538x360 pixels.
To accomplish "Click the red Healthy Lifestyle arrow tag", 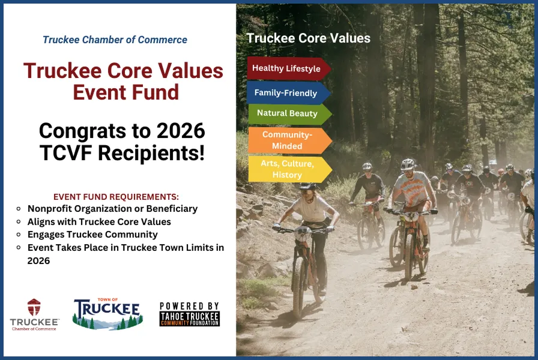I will (x=287, y=68).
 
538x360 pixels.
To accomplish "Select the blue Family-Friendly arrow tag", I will (x=286, y=93).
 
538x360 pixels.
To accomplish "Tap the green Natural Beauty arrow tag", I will (x=288, y=113).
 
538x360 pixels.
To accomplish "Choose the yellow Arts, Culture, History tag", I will (x=288, y=169).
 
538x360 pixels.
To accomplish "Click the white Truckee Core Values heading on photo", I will (x=308, y=38).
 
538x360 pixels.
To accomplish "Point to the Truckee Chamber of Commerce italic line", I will (x=115, y=40).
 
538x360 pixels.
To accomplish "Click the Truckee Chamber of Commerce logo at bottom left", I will (x=34, y=314).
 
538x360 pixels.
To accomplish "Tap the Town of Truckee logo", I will (x=107, y=314).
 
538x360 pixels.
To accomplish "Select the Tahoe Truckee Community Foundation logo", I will (x=189, y=314).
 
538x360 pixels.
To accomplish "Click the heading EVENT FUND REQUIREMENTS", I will (x=116, y=197).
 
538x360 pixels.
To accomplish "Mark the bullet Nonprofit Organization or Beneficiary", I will (x=112, y=209).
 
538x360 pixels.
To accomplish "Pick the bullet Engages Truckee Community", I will (x=92, y=235).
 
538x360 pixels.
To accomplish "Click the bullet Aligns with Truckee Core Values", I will (x=99, y=221).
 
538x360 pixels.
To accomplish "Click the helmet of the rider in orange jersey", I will (x=408, y=164).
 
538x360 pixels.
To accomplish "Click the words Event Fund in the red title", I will (x=126, y=92).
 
